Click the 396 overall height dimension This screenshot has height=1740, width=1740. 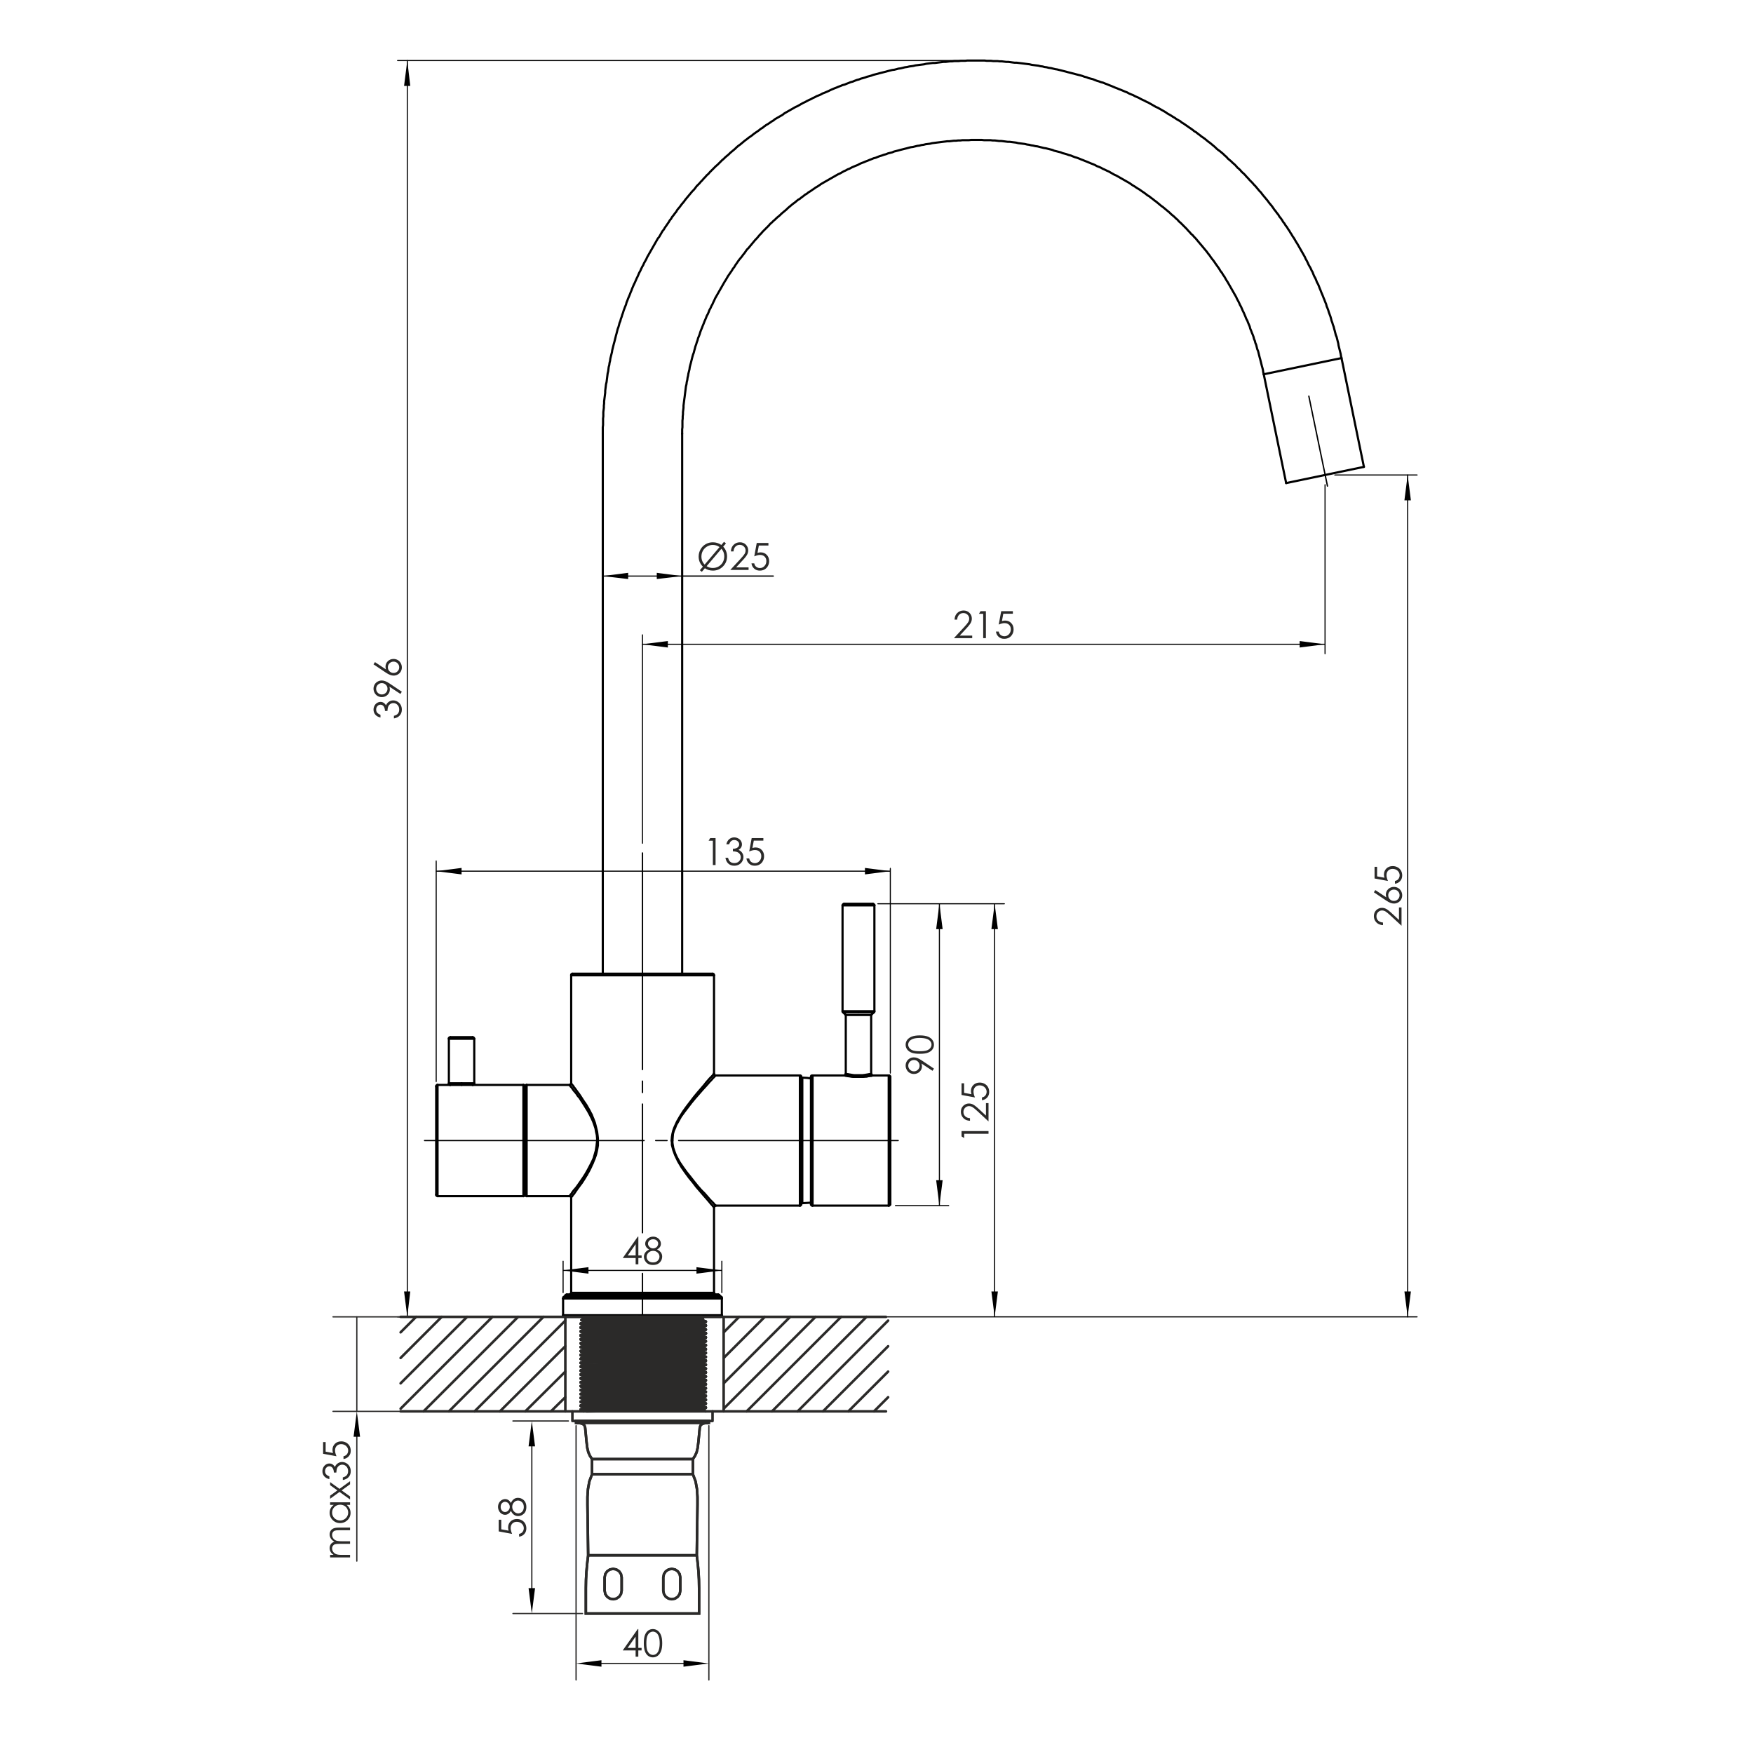[389, 688]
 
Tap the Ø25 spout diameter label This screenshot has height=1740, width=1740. [734, 558]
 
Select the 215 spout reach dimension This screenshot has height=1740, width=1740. [985, 625]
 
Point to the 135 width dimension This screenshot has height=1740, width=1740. [736, 852]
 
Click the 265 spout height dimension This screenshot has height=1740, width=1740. [1389, 894]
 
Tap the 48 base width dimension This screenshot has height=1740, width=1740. [643, 1251]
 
